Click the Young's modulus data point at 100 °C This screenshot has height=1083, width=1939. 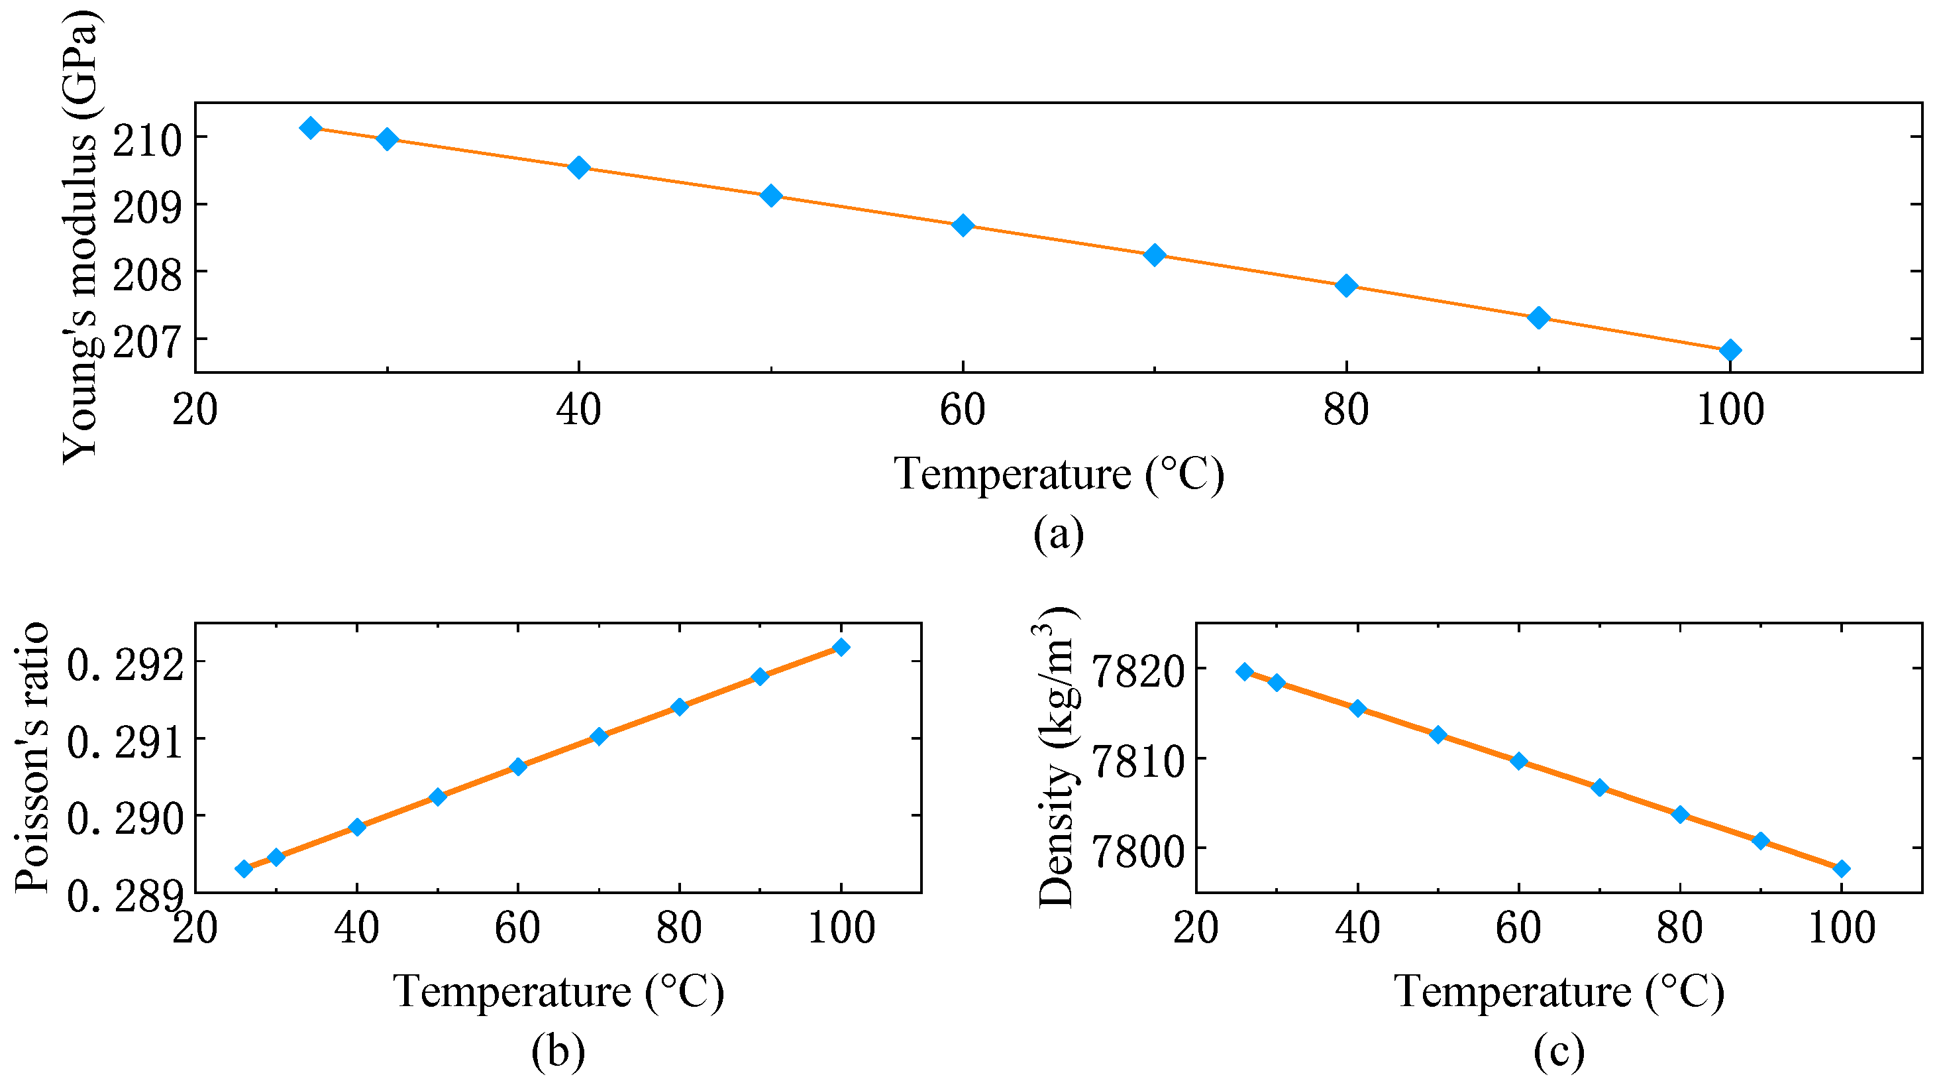(x=1730, y=350)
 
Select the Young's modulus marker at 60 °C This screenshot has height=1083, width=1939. (x=963, y=225)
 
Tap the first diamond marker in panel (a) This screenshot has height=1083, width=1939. (x=310, y=128)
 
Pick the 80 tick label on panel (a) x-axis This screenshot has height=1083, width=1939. (x=1347, y=410)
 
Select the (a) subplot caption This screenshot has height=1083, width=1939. (x=1059, y=534)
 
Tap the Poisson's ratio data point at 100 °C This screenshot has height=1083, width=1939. (x=841, y=647)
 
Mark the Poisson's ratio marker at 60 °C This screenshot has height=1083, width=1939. (x=518, y=767)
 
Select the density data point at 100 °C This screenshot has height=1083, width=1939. (x=1842, y=868)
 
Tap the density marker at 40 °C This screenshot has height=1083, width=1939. (x=1358, y=708)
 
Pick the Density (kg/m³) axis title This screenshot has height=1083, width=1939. (x=1057, y=757)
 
